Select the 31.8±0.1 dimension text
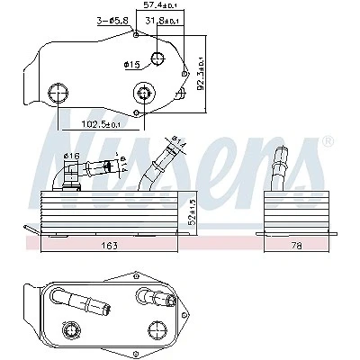[x=162, y=21]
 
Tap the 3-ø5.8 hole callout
[x=112, y=21]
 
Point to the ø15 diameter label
[x=131, y=64]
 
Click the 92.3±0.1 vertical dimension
[x=201, y=73]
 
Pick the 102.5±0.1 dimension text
[x=101, y=124]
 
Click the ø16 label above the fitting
[x=71, y=156]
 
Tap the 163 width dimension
[x=110, y=246]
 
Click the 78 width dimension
[x=296, y=246]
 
